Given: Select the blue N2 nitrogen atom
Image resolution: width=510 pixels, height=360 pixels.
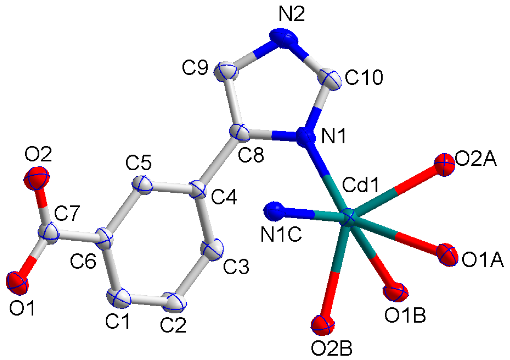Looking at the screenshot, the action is click(x=284, y=38).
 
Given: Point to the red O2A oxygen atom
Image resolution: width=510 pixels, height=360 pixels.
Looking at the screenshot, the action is click(x=444, y=164).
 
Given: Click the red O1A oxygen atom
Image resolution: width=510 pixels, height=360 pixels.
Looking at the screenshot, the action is click(x=447, y=254).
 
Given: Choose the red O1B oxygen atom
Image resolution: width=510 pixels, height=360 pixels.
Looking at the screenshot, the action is click(x=396, y=292).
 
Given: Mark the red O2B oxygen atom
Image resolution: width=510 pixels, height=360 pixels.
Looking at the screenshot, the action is click(x=323, y=325).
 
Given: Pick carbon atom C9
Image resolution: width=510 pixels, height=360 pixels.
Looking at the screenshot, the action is click(x=227, y=72).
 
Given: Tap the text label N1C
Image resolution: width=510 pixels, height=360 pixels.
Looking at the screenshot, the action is click(x=281, y=235).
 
